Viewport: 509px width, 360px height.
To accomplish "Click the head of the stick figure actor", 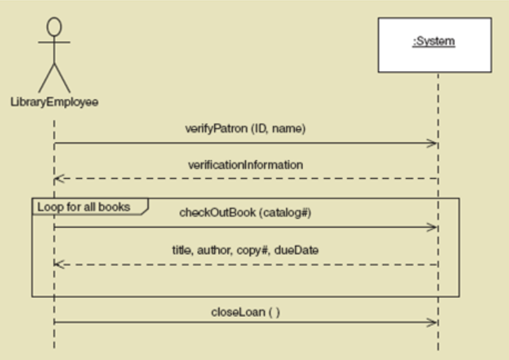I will click(55, 27).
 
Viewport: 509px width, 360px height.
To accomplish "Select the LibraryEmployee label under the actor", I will click(55, 101).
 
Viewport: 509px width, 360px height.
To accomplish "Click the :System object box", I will click(434, 44).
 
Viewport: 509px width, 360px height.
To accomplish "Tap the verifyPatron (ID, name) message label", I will click(245, 129).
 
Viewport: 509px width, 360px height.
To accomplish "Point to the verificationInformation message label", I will click(245, 165).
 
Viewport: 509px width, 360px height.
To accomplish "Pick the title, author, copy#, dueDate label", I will click(245, 250).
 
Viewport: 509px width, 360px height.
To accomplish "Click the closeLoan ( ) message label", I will click(245, 312).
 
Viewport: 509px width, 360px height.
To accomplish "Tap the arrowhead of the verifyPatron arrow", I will click(433, 143).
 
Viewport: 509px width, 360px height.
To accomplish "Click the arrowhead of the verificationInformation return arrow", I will click(59, 179).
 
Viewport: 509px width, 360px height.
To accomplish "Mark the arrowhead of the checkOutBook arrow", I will click(433, 227).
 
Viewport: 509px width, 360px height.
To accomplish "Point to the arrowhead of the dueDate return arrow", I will click(59, 264).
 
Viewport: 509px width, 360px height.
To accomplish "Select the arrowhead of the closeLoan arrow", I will click(433, 323).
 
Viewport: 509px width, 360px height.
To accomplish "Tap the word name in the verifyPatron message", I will click(291, 129).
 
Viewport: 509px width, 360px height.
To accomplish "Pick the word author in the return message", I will click(216, 250).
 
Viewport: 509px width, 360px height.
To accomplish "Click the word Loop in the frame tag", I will click(48, 206).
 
